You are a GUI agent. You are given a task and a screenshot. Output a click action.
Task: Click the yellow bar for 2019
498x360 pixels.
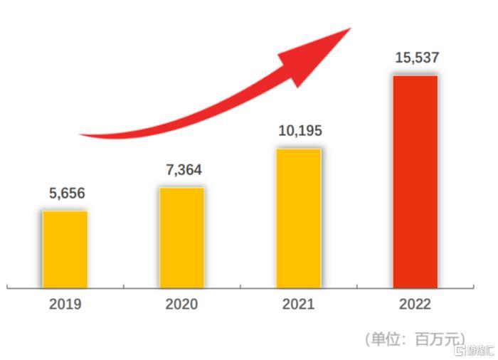(65, 249)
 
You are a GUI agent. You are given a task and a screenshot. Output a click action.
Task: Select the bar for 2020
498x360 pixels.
(181, 238)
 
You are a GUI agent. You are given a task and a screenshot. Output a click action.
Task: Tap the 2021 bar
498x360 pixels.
(299, 218)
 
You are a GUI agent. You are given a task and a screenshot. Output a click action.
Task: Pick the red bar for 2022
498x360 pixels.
(415, 181)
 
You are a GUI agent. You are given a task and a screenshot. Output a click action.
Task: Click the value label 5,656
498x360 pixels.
(65, 194)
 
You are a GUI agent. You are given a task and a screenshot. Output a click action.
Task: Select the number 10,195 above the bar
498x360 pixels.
(299, 131)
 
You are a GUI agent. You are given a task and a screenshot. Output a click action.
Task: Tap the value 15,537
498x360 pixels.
(415, 58)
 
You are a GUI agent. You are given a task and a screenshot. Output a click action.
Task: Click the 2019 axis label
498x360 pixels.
(65, 305)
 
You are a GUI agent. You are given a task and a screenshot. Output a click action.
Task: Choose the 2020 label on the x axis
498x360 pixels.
(181, 305)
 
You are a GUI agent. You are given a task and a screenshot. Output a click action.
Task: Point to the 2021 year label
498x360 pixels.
(299, 305)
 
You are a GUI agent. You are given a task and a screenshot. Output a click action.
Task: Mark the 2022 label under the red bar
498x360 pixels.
(415, 305)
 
